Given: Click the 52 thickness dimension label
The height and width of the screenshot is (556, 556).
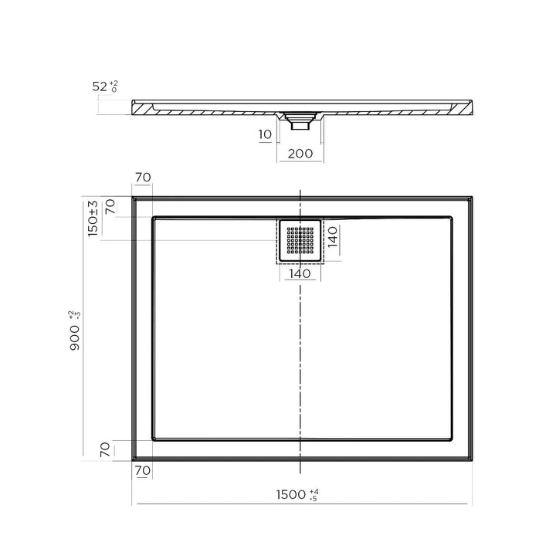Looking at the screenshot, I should click(100, 86).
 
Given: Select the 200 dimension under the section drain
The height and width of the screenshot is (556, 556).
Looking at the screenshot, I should click(300, 153).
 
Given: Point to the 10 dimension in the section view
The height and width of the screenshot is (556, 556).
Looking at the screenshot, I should click(265, 134).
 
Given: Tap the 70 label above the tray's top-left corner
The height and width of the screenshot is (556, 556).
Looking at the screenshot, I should click(142, 178).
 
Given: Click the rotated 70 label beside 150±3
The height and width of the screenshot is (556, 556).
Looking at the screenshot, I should click(110, 207).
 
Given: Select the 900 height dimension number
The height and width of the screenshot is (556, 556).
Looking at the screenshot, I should click(76, 337).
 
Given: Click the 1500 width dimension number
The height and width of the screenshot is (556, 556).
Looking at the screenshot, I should click(292, 494).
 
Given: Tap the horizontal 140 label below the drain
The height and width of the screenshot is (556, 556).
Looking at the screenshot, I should click(300, 273).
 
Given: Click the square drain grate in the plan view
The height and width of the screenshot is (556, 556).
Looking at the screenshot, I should click(300, 240).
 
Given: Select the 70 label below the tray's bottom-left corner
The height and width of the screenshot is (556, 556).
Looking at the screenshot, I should click(142, 470).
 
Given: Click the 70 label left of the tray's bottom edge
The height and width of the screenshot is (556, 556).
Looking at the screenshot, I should click(106, 449).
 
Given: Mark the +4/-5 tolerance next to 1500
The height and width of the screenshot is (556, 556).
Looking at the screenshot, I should click(314, 494).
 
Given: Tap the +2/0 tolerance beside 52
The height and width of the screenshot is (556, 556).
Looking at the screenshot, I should click(114, 86).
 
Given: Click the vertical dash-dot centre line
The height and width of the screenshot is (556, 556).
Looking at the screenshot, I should click(300, 347).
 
